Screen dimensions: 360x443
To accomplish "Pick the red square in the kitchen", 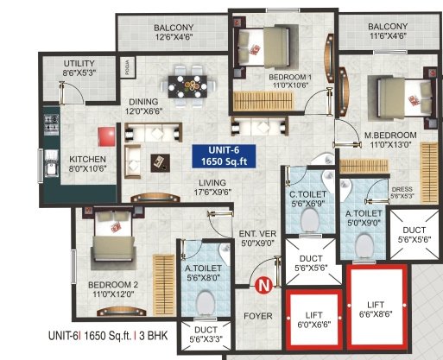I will click(107, 137).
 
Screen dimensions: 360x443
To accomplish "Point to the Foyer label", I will click(257, 316).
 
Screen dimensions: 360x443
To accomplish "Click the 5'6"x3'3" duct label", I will click(205, 333).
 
